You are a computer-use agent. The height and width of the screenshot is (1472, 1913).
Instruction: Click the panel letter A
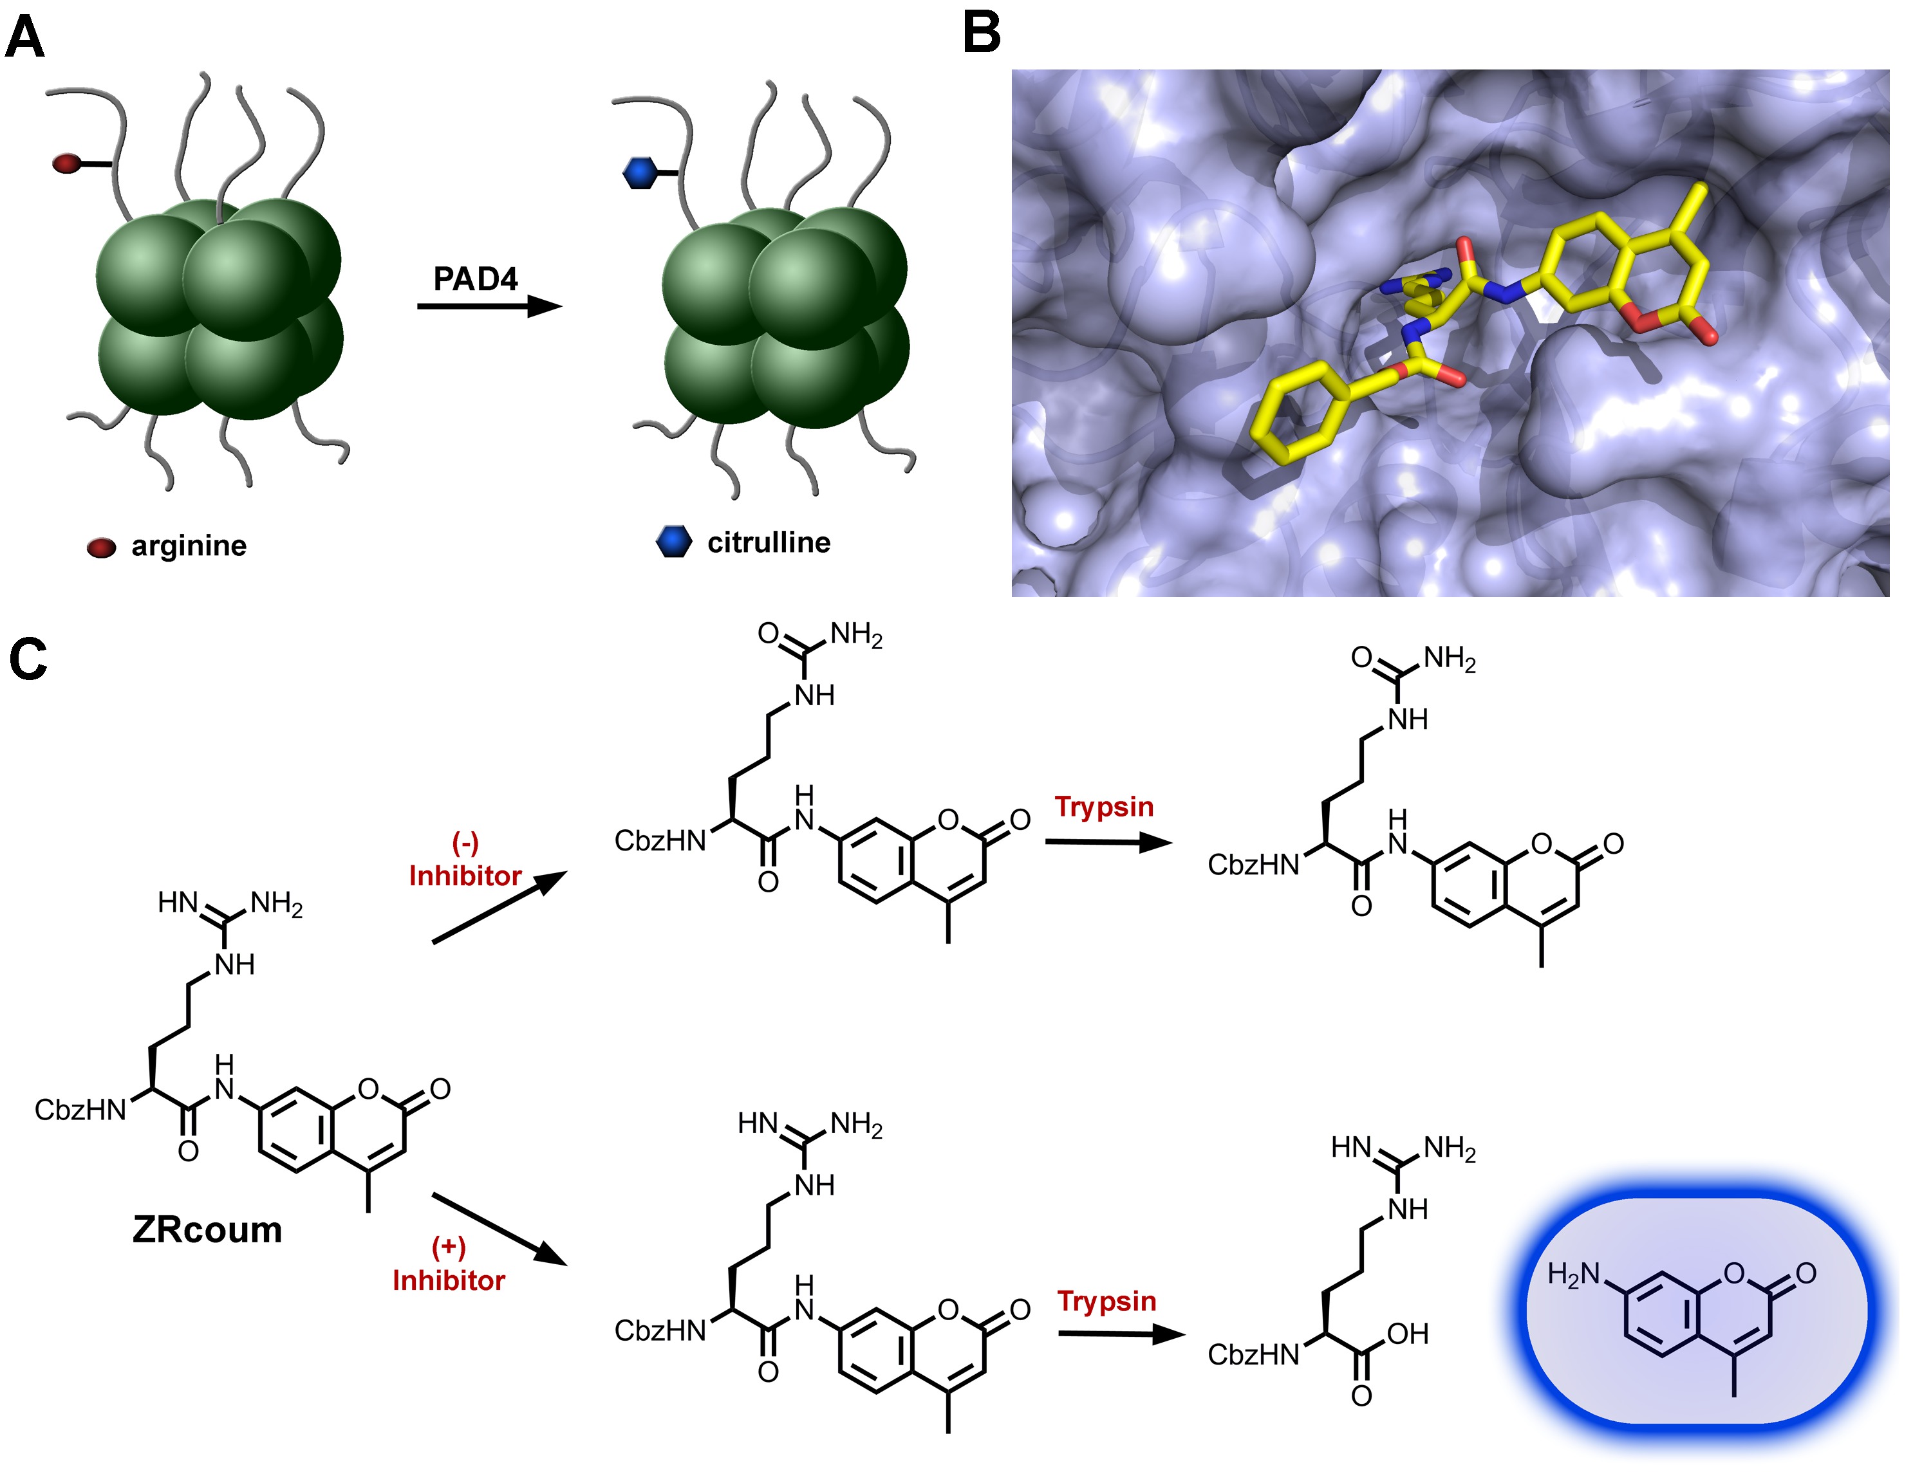click(24, 39)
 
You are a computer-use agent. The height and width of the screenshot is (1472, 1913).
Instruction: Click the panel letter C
click(28, 659)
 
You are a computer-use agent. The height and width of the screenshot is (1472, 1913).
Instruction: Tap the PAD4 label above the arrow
click(476, 279)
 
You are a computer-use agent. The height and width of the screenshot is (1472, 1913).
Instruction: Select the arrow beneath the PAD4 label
click(489, 306)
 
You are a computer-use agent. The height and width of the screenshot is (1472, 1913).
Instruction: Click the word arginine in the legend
click(189, 546)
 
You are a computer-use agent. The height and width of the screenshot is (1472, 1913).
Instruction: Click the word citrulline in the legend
click(768, 543)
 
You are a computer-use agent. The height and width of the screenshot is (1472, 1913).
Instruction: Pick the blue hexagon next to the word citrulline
click(673, 542)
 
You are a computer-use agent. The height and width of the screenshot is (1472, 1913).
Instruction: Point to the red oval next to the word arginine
click(100, 548)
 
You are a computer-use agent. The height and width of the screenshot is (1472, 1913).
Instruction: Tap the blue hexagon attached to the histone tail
click(639, 172)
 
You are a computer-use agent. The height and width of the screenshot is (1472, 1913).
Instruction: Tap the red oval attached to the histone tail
click(66, 163)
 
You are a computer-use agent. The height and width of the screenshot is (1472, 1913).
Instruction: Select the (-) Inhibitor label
click(465, 861)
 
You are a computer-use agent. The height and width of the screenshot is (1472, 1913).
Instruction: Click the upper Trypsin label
click(1104, 807)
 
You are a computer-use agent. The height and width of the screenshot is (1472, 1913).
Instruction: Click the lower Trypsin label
click(1106, 1302)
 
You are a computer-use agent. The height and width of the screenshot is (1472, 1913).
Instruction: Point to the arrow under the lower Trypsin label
click(1121, 1334)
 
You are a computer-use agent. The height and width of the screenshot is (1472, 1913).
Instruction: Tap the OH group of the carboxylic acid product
click(1408, 1334)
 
